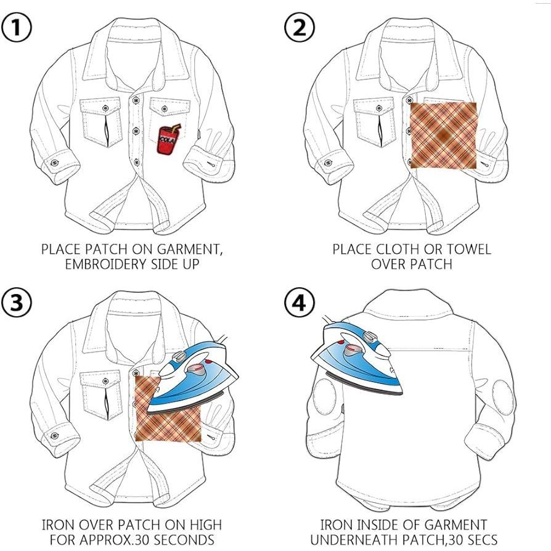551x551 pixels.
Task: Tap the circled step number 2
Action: click(300, 28)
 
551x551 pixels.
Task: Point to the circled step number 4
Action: click(300, 303)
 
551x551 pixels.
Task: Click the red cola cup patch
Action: click(166, 140)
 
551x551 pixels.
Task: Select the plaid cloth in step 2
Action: click(444, 134)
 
